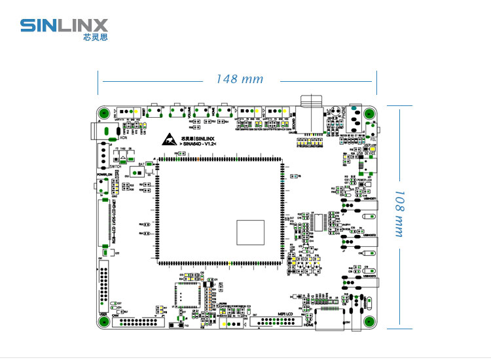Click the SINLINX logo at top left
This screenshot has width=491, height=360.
tap(64, 26)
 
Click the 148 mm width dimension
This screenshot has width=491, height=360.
tap(240, 79)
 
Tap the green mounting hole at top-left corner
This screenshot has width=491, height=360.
tap(103, 111)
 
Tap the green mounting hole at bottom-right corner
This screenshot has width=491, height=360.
tap(370, 321)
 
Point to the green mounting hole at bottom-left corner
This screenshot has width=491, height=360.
tap(103, 321)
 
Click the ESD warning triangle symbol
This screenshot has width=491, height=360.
tap(169, 139)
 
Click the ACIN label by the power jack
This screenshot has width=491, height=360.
tap(122, 137)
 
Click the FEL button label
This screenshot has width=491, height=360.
tap(373, 139)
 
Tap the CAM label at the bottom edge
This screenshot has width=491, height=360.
tap(115, 315)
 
